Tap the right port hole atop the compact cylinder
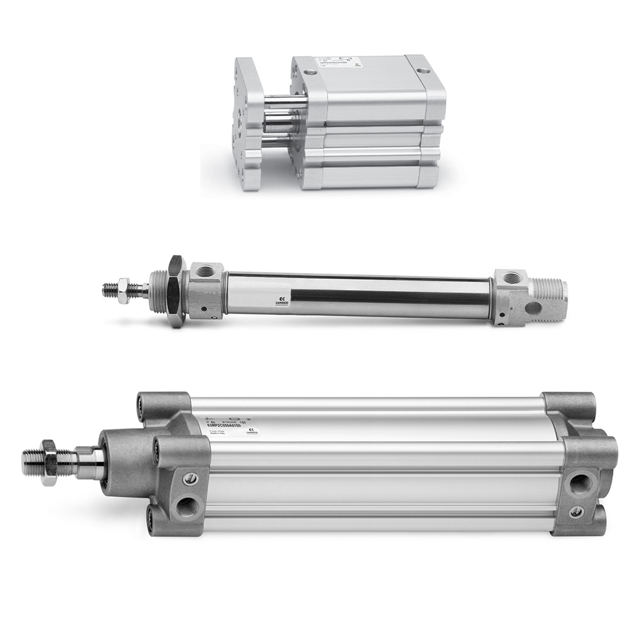421,68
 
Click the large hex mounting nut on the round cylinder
174,291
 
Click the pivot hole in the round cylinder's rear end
532,309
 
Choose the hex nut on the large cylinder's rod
49,461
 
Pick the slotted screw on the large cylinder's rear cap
576,511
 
